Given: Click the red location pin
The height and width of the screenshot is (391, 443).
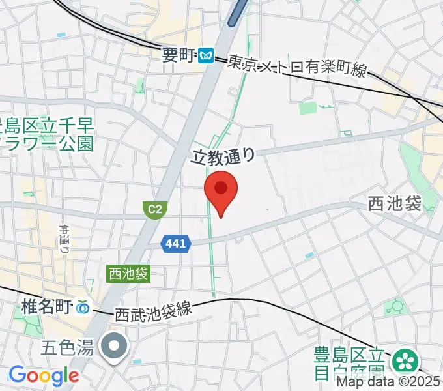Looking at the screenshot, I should click(x=221, y=190).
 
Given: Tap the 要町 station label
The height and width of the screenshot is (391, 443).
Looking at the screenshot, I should click(x=179, y=56).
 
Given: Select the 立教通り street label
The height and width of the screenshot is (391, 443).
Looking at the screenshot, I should click(x=221, y=155).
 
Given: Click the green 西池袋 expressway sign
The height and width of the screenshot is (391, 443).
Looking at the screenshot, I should click(x=128, y=274).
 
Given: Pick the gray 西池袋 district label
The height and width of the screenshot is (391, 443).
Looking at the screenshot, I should click(x=394, y=204).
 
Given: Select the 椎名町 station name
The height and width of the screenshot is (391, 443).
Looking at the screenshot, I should click(x=47, y=305).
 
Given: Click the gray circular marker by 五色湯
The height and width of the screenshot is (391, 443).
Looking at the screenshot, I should click(x=115, y=346).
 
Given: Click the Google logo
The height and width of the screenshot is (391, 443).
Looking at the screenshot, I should click(x=44, y=375).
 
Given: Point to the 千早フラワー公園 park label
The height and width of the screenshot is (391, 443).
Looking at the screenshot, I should click(x=47, y=134).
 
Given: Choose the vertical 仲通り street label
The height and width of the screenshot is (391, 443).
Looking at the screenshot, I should click(x=65, y=239).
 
